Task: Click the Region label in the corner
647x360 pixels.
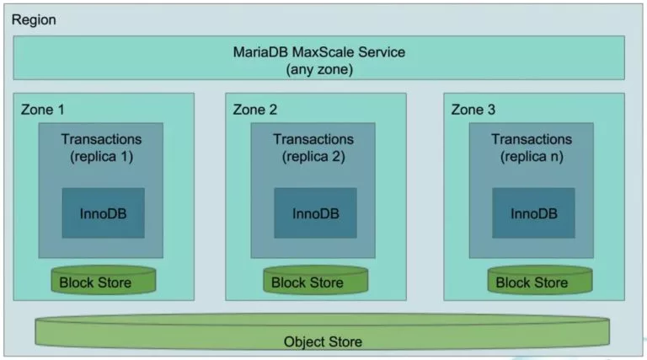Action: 34,19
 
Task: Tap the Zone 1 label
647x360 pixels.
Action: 41,110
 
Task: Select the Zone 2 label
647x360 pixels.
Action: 255,110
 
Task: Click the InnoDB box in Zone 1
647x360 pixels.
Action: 104,212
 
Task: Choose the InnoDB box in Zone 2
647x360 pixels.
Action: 316,212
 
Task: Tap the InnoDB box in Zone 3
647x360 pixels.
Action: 534,212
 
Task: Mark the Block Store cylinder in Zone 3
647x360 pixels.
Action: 532,282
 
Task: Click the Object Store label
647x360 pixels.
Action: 323,341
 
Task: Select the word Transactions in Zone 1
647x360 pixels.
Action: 101,138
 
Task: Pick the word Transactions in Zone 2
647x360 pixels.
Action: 313,138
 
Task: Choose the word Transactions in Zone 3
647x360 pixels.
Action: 532,138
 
